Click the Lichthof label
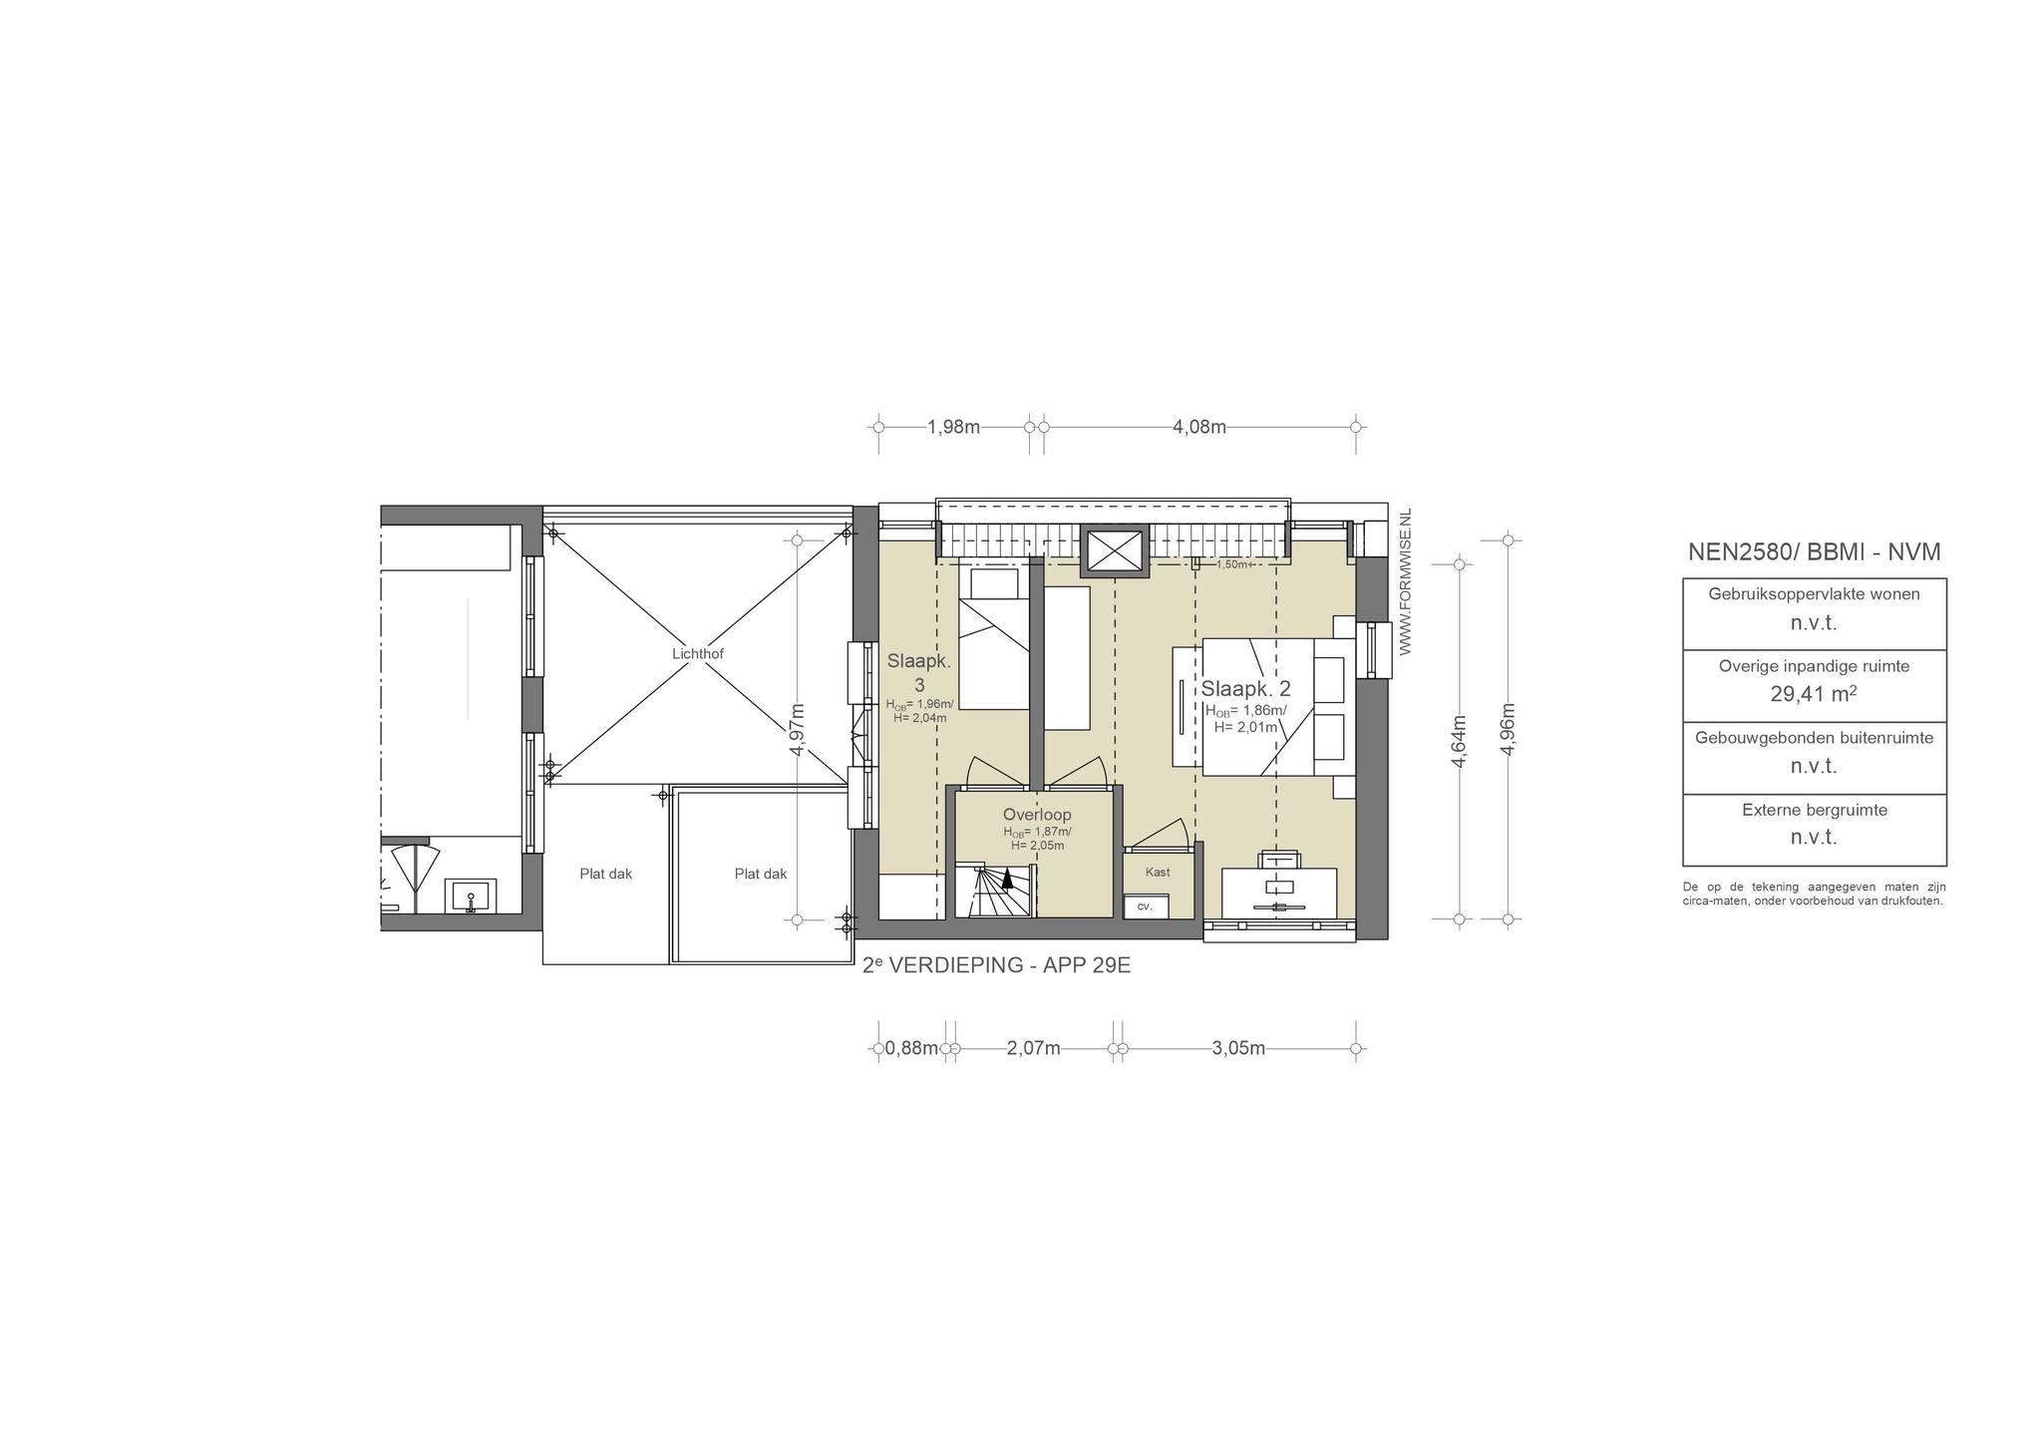click(698, 654)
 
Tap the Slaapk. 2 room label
click(1245, 689)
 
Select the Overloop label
click(1037, 815)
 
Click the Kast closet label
click(1158, 873)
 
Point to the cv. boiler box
click(1145, 906)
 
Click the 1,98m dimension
click(954, 427)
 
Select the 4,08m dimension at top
click(1199, 427)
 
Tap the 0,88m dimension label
click(911, 1048)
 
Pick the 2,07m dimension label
click(1034, 1048)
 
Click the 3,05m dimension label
click(1238, 1048)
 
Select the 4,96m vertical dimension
click(1508, 729)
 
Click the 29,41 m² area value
click(1814, 694)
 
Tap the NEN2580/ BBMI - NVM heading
click(1814, 551)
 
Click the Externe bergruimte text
click(1815, 810)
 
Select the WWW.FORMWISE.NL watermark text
click(1406, 581)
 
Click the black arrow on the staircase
click(1008, 878)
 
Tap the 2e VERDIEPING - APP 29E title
click(996, 965)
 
